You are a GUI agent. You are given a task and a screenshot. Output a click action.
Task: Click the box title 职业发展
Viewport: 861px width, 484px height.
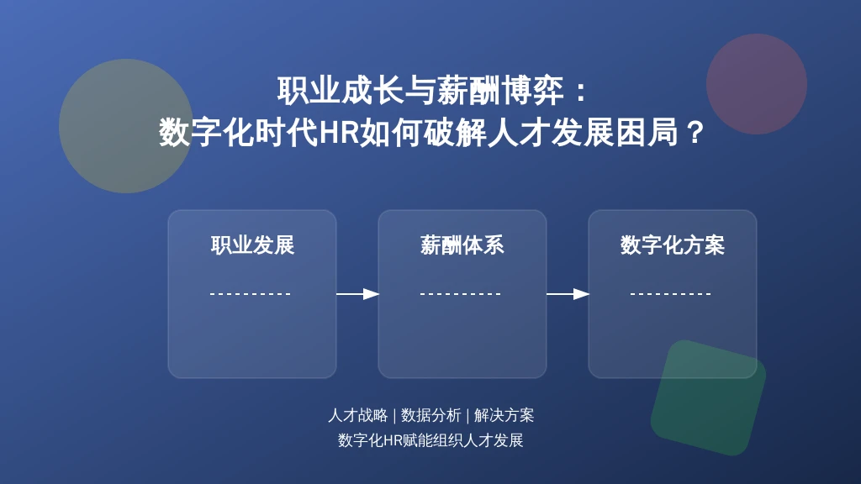[252, 245]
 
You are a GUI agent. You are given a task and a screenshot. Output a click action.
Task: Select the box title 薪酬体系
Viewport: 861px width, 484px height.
[462, 245]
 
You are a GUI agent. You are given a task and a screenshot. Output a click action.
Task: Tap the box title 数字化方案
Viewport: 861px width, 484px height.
[673, 245]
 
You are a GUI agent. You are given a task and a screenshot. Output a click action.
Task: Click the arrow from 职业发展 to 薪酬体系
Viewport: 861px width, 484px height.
[357, 294]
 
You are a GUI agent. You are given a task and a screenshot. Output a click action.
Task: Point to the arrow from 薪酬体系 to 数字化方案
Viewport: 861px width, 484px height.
[568, 294]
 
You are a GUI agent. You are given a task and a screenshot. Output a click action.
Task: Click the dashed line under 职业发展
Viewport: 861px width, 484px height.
[251, 294]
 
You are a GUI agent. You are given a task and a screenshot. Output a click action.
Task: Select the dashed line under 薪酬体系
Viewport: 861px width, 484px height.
[461, 294]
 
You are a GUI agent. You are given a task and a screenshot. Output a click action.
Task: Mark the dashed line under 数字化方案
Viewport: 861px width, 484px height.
[671, 294]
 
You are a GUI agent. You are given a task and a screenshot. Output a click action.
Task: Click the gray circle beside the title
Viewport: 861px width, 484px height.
[126, 126]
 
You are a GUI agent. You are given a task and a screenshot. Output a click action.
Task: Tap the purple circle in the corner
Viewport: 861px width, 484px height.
[757, 84]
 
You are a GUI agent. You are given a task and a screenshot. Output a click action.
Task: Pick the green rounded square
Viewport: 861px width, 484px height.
[708, 397]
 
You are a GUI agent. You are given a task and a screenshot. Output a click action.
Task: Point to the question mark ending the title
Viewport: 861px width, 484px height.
[695, 133]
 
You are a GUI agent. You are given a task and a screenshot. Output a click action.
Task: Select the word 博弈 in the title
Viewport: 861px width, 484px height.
[532, 90]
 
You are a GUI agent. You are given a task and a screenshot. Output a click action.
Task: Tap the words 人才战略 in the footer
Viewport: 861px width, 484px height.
[358, 415]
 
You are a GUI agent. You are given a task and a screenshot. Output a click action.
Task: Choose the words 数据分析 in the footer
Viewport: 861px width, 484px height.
[431, 415]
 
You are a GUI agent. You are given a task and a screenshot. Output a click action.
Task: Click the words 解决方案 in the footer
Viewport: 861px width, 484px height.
[504, 415]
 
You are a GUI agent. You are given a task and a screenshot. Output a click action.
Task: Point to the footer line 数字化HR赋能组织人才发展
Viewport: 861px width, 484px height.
[430, 440]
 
